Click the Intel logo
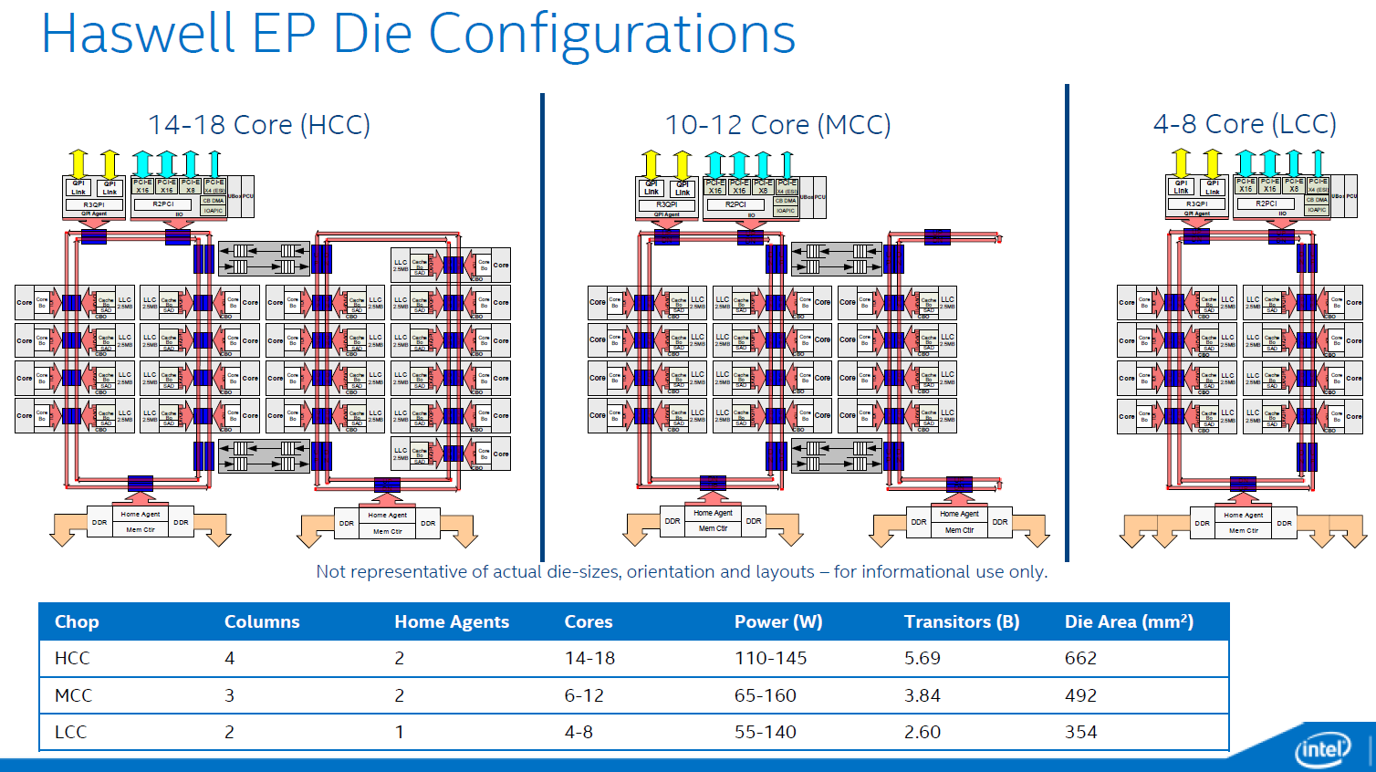pyautogui.click(x=1321, y=749)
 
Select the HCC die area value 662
pyautogui.click(x=1080, y=658)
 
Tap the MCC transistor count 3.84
pyautogui.click(x=922, y=695)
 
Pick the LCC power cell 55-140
pyautogui.click(x=765, y=732)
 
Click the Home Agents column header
pyautogui.click(x=452, y=621)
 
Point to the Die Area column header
pyautogui.click(x=1129, y=621)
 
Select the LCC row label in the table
pyautogui.click(x=70, y=732)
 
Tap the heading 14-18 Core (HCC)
pyautogui.click(x=259, y=125)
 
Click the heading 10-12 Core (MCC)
pyautogui.click(x=777, y=125)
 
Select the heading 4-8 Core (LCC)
pyautogui.click(x=1245, y=124)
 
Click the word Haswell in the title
pyautogui.click(x=138, y=35)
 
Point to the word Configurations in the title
pyautogui.click(x=611, y=35)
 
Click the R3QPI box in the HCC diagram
pyautogui.click(x=94, y=204)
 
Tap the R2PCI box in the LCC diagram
pyautogui.click(x=1267, y=203)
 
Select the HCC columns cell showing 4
pyautogui.click(x=230, y=658)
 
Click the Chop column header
pyautogui.click(x=77, y=621)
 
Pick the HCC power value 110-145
pyautogui.click(x=770, y=658)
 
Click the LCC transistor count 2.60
pyautogui.click(x=922, y=732)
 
